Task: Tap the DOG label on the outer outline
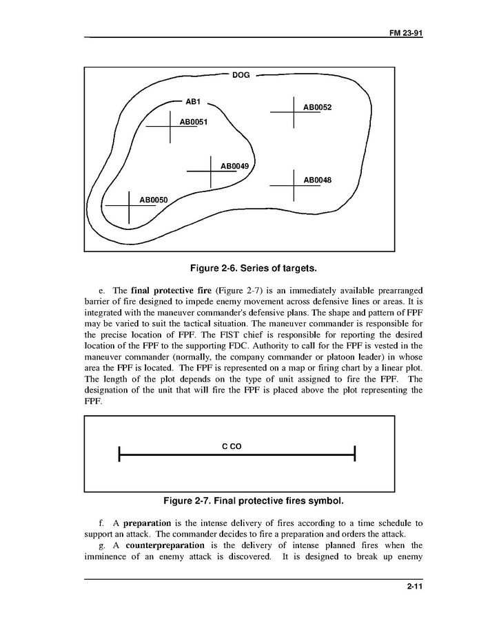click(241, 75)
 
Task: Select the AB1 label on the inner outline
click(192, 102)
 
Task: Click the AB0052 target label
click(318, 107)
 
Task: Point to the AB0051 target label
click(194, 122)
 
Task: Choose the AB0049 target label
click(234, 166)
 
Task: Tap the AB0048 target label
click(318, 180)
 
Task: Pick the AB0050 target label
click(154, 200)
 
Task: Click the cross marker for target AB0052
click(294, 111)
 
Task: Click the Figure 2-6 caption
click(239, 267)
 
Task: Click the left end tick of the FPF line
click(120, 454)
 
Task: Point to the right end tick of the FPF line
click(354, 454)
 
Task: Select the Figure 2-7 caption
click(239, 500)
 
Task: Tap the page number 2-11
click(415, 587)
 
